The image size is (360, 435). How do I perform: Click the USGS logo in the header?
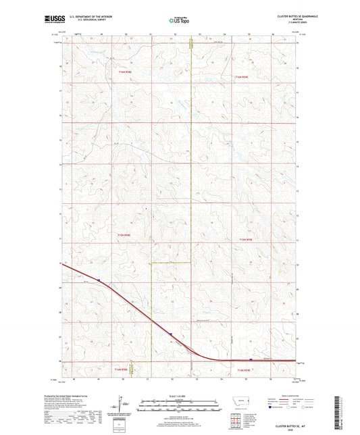pos(51,20)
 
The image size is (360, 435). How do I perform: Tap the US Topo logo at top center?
pos(179,21)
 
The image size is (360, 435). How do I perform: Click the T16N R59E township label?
pos(242,77)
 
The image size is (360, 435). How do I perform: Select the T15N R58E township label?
pos(123,235)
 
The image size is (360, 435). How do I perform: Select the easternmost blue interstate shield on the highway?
pos(251,359)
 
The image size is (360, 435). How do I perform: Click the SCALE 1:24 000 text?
pos(179,396)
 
